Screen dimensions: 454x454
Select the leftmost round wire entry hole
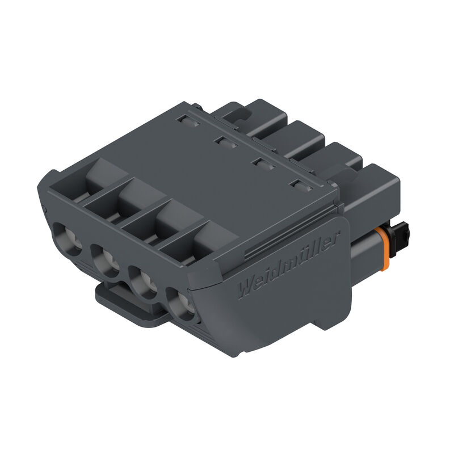pos(67,239)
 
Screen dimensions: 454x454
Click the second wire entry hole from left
pos(106,260)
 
